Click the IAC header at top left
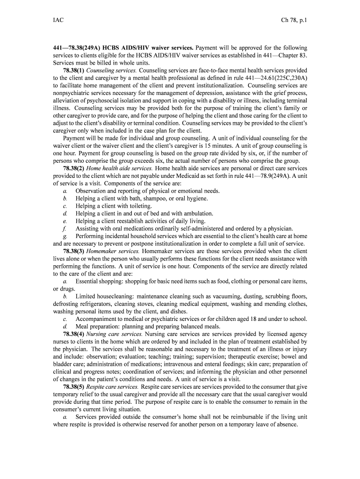pyautogui.click(x=58, y=21)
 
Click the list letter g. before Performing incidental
pyautogui.click(x=65, y=236)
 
